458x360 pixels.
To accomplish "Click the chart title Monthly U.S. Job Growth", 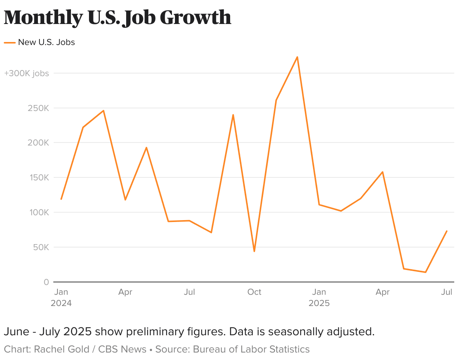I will click(117, 17).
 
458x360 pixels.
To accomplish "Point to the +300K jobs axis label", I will click(26, 73).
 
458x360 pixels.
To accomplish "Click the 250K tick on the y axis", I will click(39, 108).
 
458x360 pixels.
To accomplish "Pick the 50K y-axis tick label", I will click(41, 247).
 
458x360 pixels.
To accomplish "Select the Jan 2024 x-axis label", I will click(61, 297).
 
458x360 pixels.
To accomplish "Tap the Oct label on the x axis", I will click(254, 292).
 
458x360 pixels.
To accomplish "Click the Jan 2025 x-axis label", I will click(319, 297).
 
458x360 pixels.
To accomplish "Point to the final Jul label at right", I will click(446, 292).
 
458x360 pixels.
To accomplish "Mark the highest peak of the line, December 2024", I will click(297, 57).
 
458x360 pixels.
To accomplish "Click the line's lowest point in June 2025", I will click(425, 272).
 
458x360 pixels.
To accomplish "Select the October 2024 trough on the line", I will click(254, 251).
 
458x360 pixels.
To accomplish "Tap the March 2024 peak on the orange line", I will click(104, 111).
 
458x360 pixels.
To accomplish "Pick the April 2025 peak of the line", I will click(383, 172).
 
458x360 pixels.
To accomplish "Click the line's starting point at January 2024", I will click(61, 199).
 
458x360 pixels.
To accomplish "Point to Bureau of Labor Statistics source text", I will click(251, 349).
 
